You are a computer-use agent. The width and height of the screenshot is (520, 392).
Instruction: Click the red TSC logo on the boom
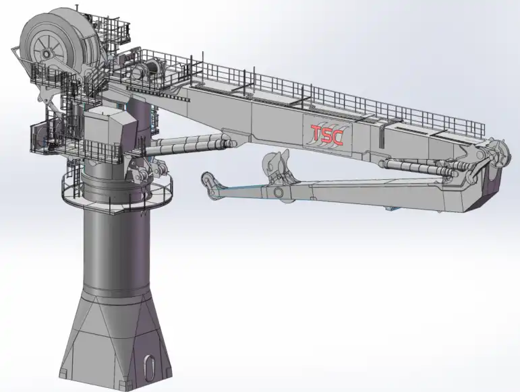point(327,135)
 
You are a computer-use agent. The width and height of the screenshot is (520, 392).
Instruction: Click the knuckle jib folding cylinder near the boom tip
point(418,166)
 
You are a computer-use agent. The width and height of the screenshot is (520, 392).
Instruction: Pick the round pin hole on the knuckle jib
point(277,193)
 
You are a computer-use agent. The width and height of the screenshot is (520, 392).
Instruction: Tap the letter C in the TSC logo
point(338,137)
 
